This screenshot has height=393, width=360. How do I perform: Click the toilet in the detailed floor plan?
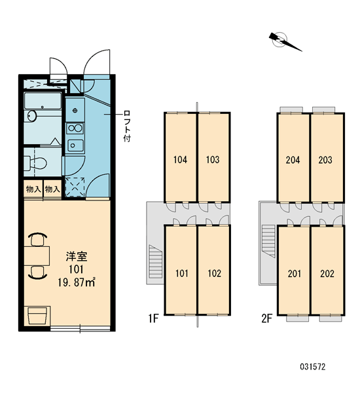pyautogui.click(x=36, y=162)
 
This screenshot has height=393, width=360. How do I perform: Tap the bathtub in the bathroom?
pyautogui.click(x=43, y=101)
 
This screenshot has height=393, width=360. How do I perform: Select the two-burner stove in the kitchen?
pyautogui.click(x=75, y=128)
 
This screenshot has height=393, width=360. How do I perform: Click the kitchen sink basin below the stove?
pyautogui.click(x=75, y=145)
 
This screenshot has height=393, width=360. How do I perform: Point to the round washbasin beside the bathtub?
pyautogui.click(x=32, y=116)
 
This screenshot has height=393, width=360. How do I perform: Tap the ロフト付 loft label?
pyautogui.click(x=127, y=126)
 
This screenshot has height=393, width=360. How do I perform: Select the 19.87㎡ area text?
pyautogui.click(x=77, y=282)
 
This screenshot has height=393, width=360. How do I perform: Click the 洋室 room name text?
pyautogui.click(x=77, y=257)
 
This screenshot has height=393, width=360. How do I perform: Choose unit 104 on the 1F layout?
pyautogui.click(x=180, y=157)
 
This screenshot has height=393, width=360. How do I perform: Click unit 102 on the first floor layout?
pyautogui.click(x=214, y=270)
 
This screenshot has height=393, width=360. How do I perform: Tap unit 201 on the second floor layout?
pyautogui.click(x=294, y=270)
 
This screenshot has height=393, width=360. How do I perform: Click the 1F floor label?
pyautogui.click(x=153, y=318)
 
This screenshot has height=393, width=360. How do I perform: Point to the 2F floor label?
pyautogui.click(x=266, y=318)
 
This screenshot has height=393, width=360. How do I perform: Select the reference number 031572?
pyautogui.click(x=313, y=367)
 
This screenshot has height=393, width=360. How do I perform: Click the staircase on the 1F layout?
pyautogui.click(x=156, y=261)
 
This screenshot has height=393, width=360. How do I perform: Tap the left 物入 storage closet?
pyautogui.click(x=33, y=189)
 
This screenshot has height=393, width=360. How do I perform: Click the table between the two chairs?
pyautogui.click(x=37, y=255)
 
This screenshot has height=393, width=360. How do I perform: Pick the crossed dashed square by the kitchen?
pyautogui.click(x=75, y=187)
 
